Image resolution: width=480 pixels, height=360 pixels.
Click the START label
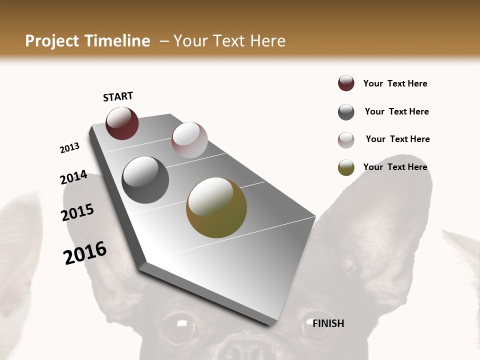pyautogui.click(x=118, y=96)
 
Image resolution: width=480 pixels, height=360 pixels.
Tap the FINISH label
pyautogui.click(x=328, y=323)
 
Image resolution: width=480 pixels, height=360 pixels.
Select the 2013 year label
pyautogui.click(x=69, y=148)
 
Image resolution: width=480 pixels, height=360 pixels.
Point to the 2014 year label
pyautogui.click(x=73, y=177)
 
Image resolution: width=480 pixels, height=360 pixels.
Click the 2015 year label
pyautogui.click(x=77, y=212)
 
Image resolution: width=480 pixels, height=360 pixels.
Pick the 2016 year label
pyautogui.click(x=85, y=252)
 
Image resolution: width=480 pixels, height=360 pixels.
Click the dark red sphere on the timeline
pyautogui.click(x=122, y=123)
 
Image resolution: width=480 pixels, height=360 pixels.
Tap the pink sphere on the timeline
pyautogui.click(x=189, y=140)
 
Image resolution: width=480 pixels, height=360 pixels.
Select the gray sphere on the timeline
pyautogui.click(x=145, y=180)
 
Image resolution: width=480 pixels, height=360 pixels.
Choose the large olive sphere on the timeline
pyautogui.click(x=216, y=207)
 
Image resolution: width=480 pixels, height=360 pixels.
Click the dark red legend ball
pyautogui.click(x=346, y=83)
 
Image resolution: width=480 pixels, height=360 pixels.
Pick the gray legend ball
pyautogui.click(x=346, y=112)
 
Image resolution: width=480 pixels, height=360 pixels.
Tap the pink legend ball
pyautogui.click(x=346, y=140)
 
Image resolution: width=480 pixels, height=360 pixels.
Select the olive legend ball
pyautogui.click(x=346, y=167)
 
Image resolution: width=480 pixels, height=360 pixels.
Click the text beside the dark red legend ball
pyautogui.click(x=395, y=83)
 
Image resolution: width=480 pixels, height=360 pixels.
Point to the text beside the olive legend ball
pyautogui.click(x=395, y=167)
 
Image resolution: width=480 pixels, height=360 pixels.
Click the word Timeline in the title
pyautogui.click(x=118, y=41)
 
